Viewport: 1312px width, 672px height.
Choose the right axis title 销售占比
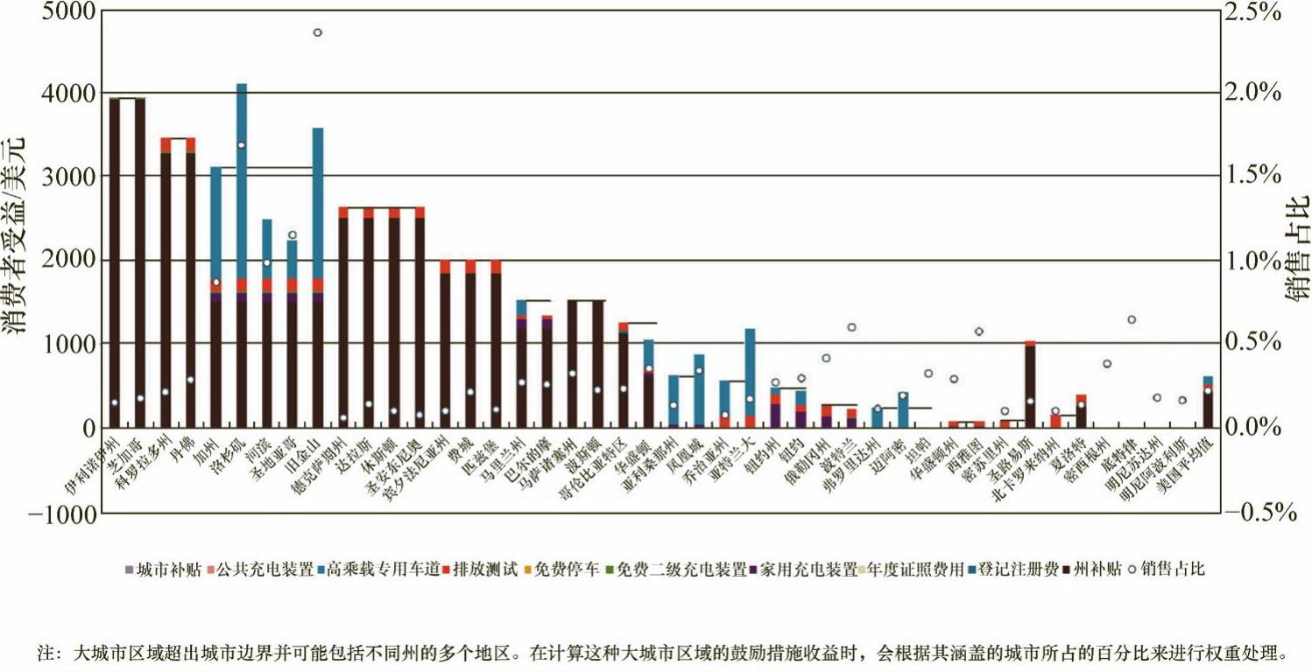coord(1295,249)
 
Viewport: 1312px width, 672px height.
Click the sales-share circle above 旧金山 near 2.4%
coord(318,32)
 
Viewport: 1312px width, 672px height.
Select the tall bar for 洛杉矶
coord(242,262)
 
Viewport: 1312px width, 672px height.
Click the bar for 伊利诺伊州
coord(114,262)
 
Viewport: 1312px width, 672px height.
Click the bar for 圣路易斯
coord(1030,385)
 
